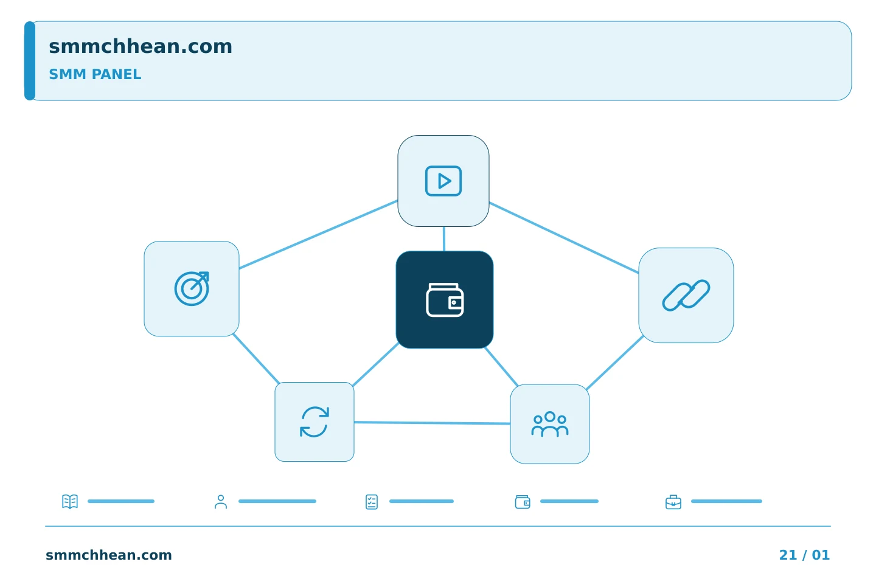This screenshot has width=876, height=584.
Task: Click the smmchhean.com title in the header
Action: click(141, 47)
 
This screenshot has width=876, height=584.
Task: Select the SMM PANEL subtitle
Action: click(95, 74)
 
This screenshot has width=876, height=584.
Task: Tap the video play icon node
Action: click(443, 181)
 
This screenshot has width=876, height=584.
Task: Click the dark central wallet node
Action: click(445, 300)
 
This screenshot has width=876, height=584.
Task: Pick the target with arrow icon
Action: click(192, 289)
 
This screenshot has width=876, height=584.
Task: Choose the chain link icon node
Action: click(686, 295)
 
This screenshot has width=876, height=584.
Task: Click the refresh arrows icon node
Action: click(315, 422)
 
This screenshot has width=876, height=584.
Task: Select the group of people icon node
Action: click(550, 424)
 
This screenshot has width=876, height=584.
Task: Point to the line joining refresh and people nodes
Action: click(432, 423)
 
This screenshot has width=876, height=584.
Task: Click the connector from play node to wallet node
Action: click(444, 239)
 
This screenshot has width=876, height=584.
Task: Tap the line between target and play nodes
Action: click(318, 235)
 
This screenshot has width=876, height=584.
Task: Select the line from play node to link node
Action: click(564, 237)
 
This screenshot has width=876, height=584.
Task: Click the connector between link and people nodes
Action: click(615, 363)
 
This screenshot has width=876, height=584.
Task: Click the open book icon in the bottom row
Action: click(70, 501)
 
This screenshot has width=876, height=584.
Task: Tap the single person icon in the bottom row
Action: click(221, 501)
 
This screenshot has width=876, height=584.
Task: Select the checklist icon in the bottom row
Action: click(372, 502)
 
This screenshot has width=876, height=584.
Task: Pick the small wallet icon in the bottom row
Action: click(523, 502)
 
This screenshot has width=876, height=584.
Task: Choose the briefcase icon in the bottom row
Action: click(673, 502)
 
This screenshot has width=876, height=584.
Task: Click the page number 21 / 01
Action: click(804, 555)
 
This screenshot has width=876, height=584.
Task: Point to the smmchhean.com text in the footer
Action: click(109, 555)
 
